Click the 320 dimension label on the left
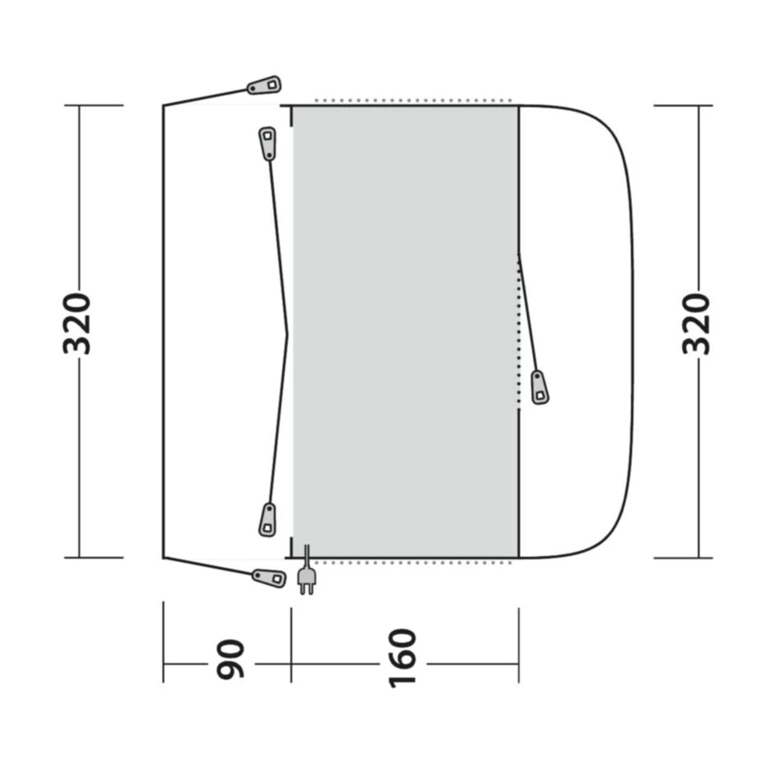[78, 323]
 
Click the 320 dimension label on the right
[696, 323]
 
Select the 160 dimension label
[403, 658]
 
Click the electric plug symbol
[306, 579]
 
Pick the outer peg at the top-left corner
[265, 85]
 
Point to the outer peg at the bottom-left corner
[269, 578]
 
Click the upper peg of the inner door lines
[268, 143]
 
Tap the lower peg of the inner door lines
[268, 520]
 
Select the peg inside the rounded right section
[539, 387]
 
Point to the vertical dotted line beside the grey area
[518, 329]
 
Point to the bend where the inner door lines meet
[287, 334]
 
